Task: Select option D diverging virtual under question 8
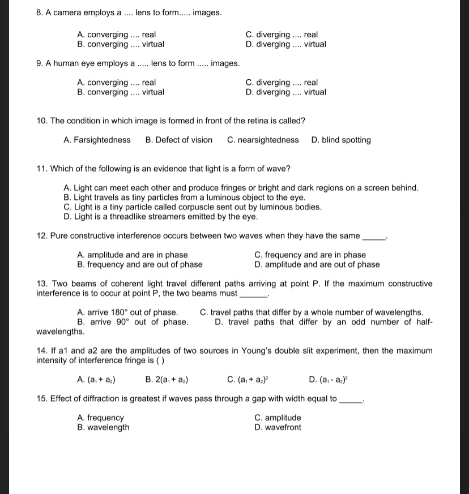tap(285, 44)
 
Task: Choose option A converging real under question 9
tap(116, 83)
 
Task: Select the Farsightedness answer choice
tap(97, 140)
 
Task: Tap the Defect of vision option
tap(179, 140)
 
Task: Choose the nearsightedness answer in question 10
tap(263, 140)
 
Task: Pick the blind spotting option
tap(341, 140)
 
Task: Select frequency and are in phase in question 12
tap(310, 255)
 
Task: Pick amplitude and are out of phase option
tap(317, 265)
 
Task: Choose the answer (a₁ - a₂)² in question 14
tap(325, 380)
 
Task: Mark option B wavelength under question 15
tap(103, 428)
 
